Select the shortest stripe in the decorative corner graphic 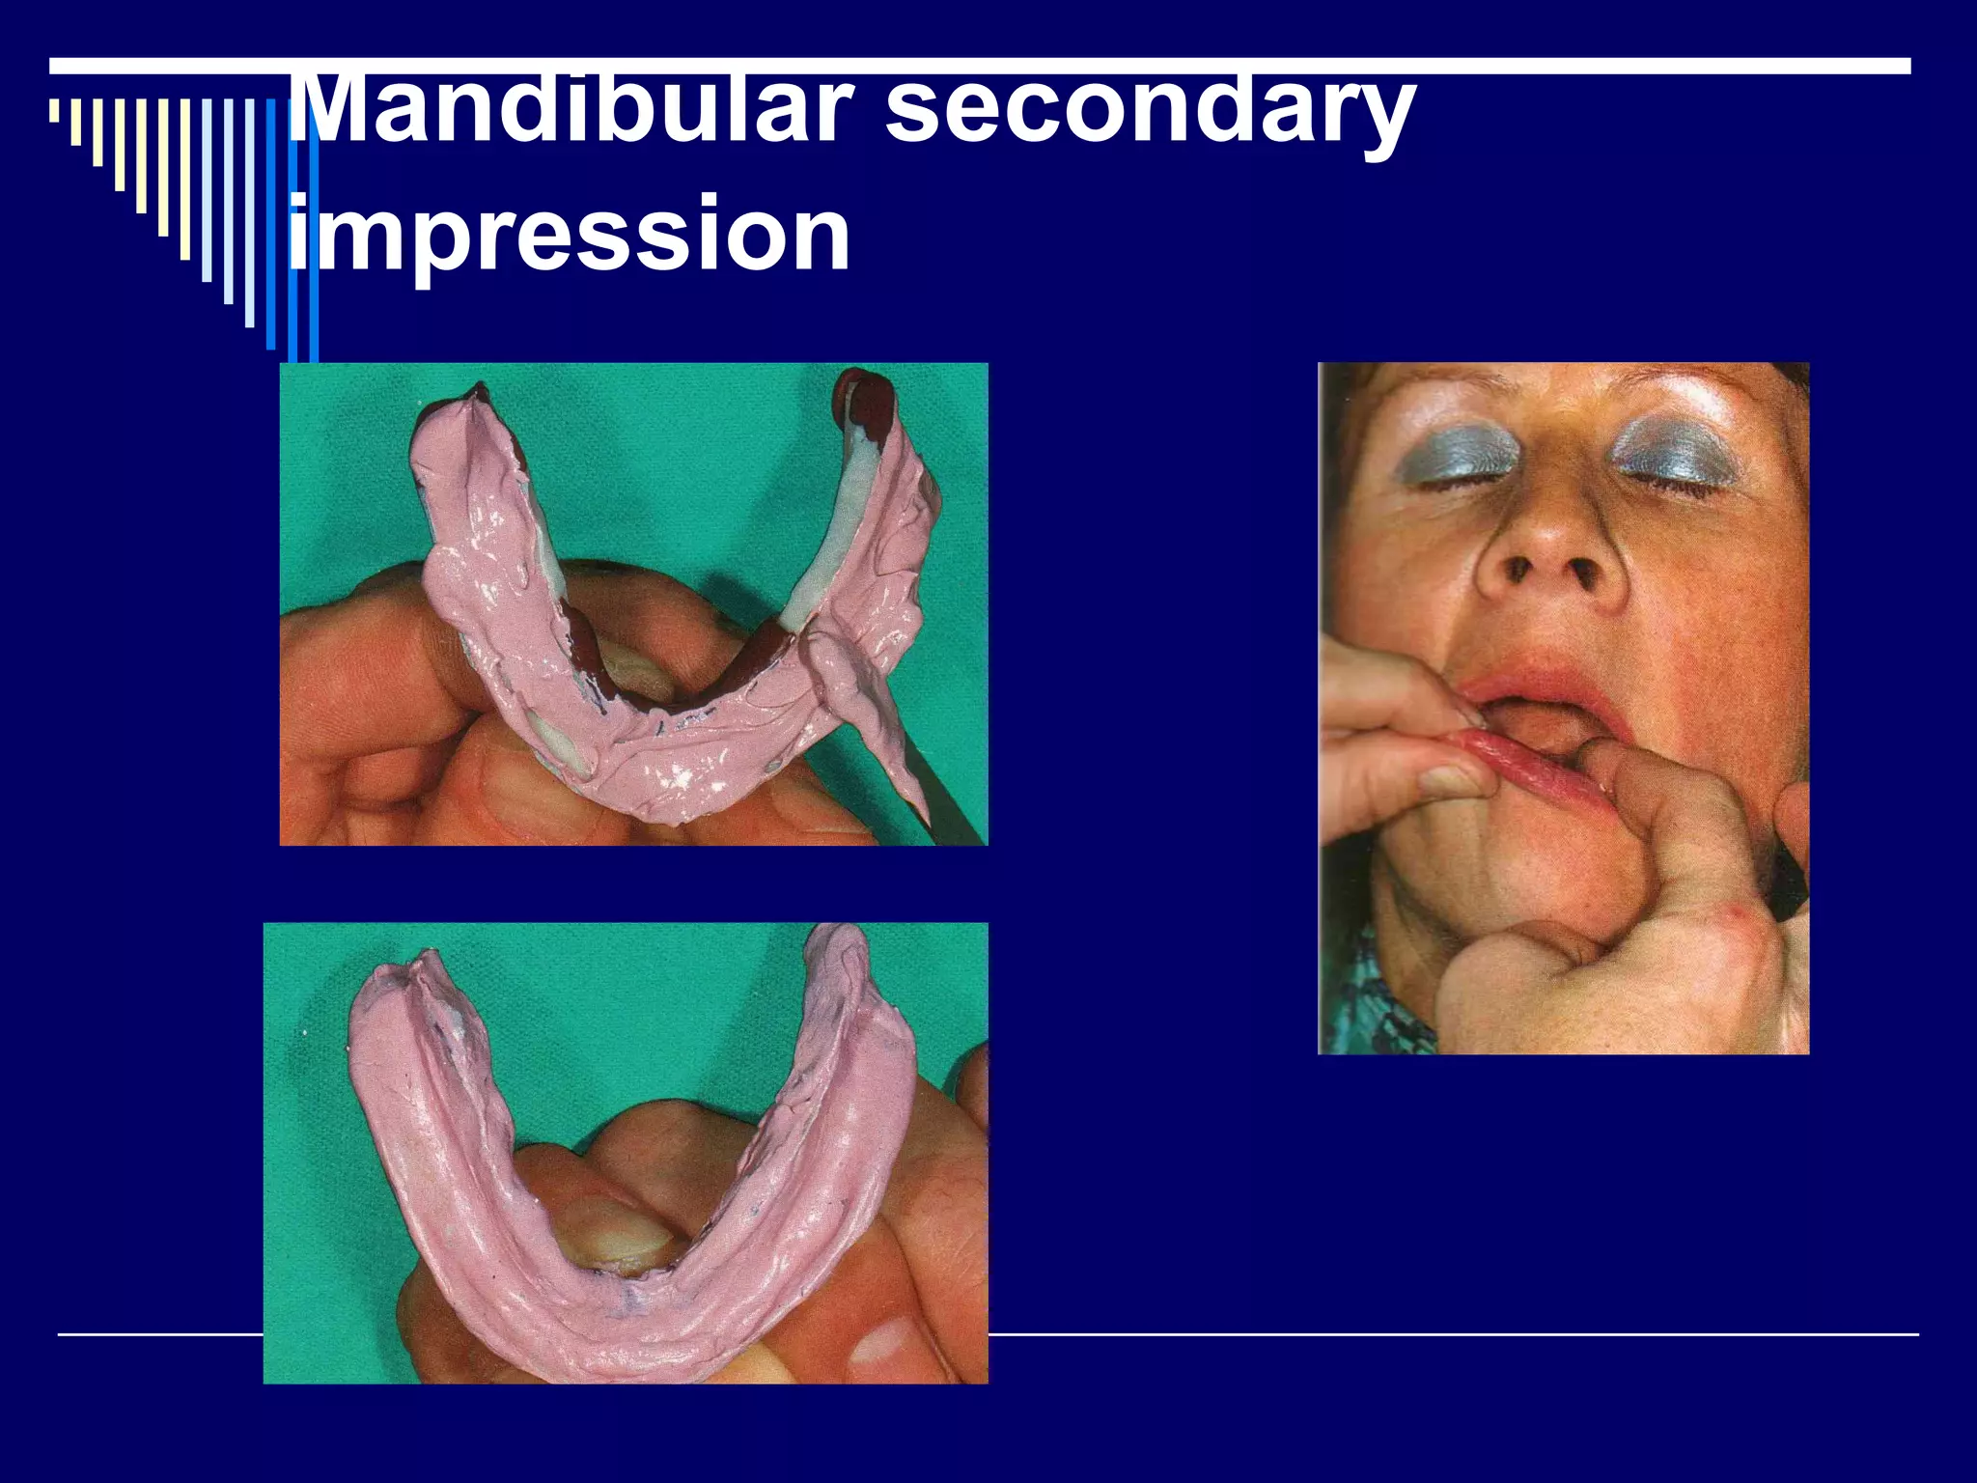[x=54, y=111]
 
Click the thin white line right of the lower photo [x=1448, y=1334]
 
